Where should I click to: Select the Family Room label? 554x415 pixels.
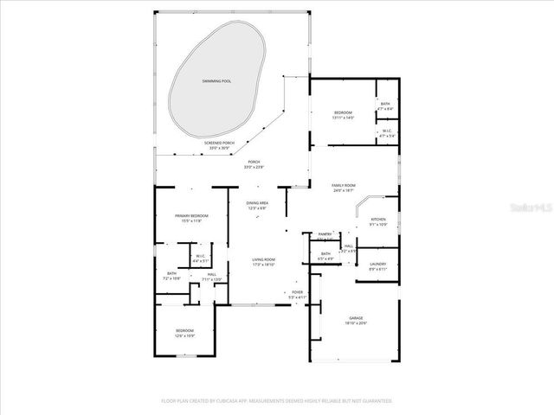point(344,185)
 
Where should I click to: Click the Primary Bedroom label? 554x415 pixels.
point(189,216)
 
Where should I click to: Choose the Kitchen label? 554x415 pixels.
point(378,220)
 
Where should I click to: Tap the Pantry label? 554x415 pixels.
point(325,234)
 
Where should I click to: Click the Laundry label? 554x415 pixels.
point(377,264)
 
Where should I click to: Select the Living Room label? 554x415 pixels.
point(263,260)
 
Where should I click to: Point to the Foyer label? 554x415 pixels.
point(297,293)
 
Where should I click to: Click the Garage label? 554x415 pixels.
point(355,317)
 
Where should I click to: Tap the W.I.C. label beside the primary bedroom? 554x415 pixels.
point(199,255)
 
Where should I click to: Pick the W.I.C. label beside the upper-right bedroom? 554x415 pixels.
point(386,131)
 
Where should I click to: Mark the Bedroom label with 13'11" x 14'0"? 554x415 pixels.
point(344,118)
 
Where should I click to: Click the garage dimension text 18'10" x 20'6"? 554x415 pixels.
point(355,322)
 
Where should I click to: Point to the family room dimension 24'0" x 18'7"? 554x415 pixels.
point(344,190)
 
